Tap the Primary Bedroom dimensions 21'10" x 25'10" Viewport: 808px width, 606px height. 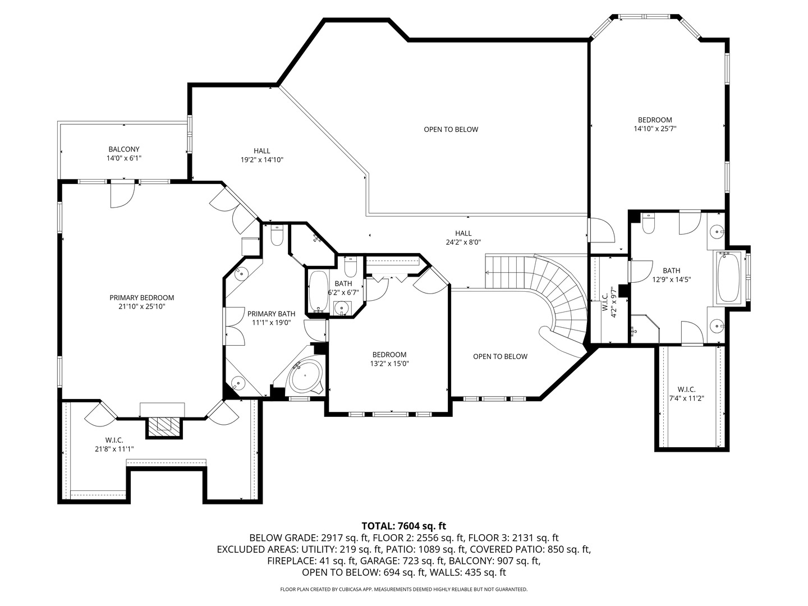pyautogui.click(x=141, y=306)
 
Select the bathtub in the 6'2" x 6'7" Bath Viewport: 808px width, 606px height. pyautogui.click(x=318, y=291)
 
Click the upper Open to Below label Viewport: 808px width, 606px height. pyautogui.click(x=451, y=130)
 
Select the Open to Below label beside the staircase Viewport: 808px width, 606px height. pyautogui.click(x=500, y=356)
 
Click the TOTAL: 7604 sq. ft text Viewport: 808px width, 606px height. pyautogui.click(x=403, y=526)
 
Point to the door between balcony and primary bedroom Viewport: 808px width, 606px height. pyautogui.click(x=122, y=194)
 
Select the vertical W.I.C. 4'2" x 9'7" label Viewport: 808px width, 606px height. pyautogui.click(x=609, y=304)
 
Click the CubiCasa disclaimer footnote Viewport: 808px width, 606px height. pyautogui.click(x=403, y=589)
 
